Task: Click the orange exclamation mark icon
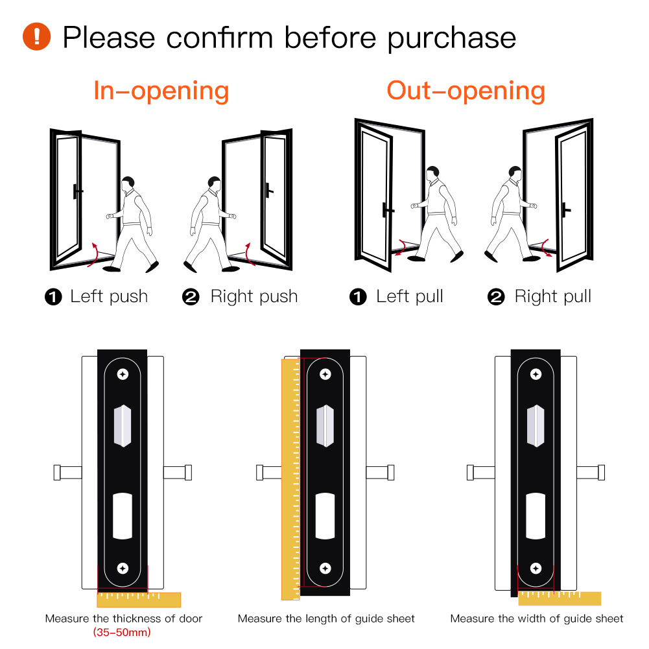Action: point(36,36)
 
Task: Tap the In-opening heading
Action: point(161,91)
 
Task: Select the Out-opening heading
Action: point(466,91)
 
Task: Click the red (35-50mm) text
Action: point(122,632)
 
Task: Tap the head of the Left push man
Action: point(128,183)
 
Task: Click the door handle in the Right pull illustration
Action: point(565,210)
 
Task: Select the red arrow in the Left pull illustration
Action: point(401,247)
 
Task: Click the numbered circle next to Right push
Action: point(191,297)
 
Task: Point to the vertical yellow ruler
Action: point(290,479)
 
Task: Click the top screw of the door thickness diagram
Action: point(123,374)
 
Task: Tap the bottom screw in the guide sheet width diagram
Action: point(536,569)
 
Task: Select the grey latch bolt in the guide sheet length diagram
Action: point(325,426)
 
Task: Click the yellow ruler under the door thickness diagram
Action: point(139,600)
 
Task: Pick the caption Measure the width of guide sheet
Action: point(536,619)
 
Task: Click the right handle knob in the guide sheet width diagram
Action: point(602,473)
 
